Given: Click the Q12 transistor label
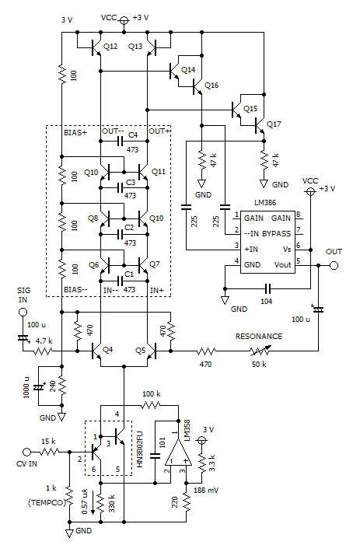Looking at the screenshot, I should [110, 47].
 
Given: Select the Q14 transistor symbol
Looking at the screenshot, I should [176, 71].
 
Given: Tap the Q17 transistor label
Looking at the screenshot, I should [274, 124].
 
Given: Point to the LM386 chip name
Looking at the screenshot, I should [253, 203].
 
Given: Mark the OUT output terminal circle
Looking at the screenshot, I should [334, 266].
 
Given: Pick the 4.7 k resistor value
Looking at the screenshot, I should [44, 341].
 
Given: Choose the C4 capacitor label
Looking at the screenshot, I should [133, 136].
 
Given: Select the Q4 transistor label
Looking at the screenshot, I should [108, 349].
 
